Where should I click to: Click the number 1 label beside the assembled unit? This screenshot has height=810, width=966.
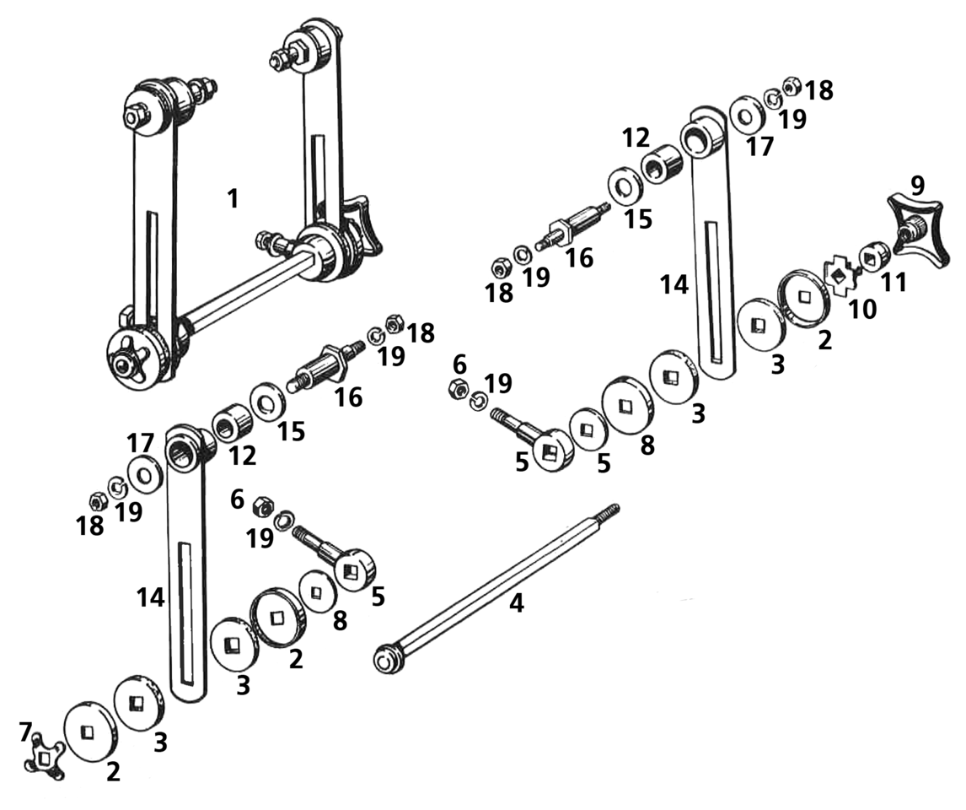(233, 200)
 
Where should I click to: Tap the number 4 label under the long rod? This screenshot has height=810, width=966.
(516, 603)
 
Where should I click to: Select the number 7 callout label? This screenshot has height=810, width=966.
(26, 732)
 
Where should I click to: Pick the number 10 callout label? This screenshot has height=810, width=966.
(861, 310)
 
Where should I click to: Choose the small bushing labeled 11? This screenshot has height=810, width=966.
(872, 256)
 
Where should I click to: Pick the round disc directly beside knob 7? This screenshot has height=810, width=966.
(88, 732)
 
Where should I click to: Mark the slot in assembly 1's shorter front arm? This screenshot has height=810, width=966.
(152, 262)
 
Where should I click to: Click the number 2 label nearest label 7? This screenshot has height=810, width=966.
(113, 770)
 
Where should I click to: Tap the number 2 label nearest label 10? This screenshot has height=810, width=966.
(824, 340)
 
